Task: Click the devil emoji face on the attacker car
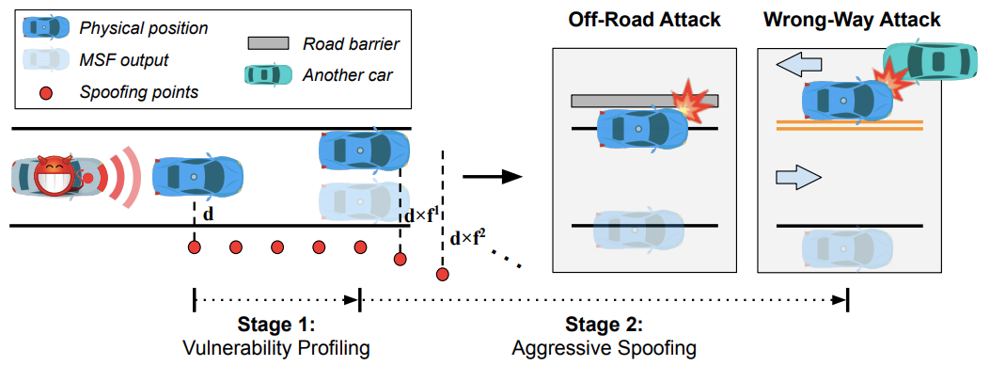[x=54, y=176]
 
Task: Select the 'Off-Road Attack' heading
[x=636, y=21]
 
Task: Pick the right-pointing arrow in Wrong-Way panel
[x=797, y=177]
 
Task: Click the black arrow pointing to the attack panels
[x=493, y=176]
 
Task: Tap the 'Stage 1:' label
[x=276, y=326]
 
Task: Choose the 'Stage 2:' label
[x=604, y=326]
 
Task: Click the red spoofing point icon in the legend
[x=43, y=92]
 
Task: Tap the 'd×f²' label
[x=467, y=236]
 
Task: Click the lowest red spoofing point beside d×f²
[x=442, y=274]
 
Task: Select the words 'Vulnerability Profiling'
[x=276, y=348]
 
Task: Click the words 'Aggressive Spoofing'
[x=604, y=348]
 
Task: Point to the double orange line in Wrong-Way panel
[x=849, y=123]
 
